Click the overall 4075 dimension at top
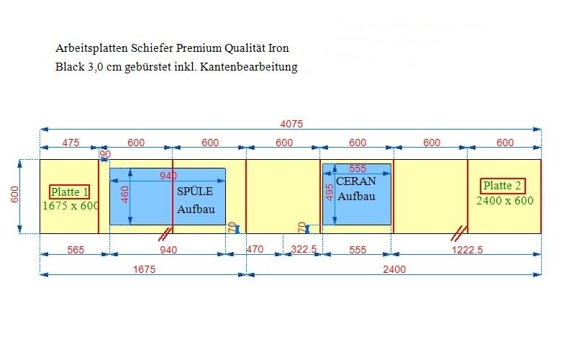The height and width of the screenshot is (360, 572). coord(291,124)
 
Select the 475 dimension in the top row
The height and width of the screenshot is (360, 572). coord(71,143)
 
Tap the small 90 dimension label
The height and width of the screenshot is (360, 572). coord(105,154)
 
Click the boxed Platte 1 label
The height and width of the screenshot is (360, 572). coord(69,192)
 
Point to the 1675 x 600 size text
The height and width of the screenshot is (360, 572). coord(71,206)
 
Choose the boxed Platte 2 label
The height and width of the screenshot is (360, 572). coord(502,186)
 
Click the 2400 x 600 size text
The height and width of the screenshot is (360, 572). coord(505,200)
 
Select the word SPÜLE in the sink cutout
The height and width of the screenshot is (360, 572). coord(195,192)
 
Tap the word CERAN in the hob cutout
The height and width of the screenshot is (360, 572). coord(355,181)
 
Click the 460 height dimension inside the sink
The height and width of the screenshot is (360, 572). coord(124,194)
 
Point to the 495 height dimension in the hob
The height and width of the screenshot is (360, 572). coord(329,192)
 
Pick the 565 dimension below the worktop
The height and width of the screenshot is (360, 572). coord(76,250)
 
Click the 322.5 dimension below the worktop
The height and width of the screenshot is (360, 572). coord(304,249)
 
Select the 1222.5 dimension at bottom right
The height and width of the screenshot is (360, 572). coord(467,250)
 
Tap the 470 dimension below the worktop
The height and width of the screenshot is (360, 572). coord(255,249)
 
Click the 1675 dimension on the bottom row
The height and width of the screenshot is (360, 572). coord(144,269)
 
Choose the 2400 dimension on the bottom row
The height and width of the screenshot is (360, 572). coord(394,269)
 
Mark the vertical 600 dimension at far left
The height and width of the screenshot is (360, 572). coord(14,194)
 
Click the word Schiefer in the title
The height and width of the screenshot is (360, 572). coord(152,48)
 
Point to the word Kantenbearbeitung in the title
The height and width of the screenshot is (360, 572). coord(248,67)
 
